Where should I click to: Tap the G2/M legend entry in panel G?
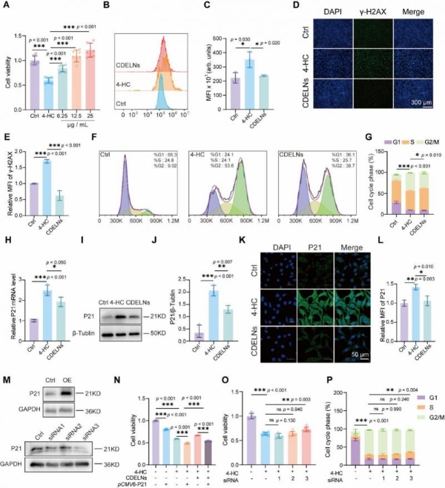(x=428, y=118)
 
